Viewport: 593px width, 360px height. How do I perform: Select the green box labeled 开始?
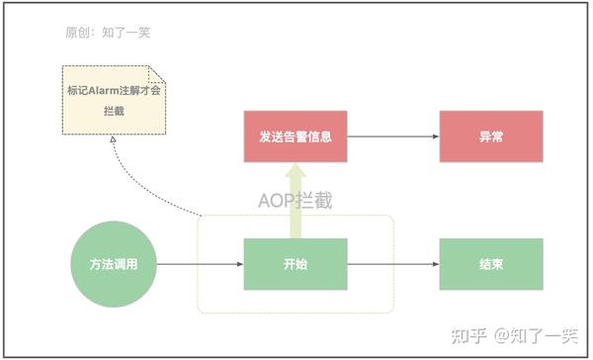click(296, 264)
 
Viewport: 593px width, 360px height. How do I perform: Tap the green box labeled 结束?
click(491, 264)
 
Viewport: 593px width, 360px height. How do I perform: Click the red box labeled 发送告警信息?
click(296, 136)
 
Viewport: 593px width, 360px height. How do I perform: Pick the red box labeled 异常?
click(491, 136)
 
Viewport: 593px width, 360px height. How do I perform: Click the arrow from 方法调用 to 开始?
click(198, 264)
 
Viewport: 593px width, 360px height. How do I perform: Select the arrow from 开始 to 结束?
click(390, 264)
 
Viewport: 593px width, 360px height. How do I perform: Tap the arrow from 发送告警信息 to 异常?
click(390, 136)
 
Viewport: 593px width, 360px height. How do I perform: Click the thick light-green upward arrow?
click(296, 203)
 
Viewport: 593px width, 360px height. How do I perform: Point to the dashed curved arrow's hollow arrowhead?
click(114, 143)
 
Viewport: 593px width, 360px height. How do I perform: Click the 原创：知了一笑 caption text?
click(108, 34)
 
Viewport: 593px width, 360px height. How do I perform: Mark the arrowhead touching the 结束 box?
click(436, 264)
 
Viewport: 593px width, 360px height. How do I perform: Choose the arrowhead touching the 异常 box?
click(436, 136)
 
